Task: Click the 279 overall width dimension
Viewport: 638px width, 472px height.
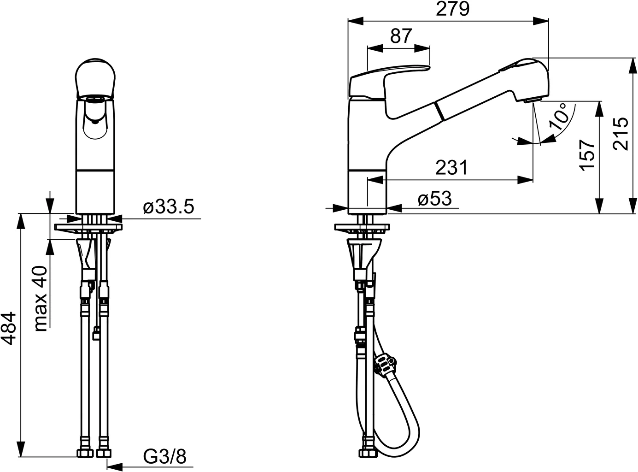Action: tap(452, 9)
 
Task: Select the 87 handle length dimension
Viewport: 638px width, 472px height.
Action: tap(401, 35)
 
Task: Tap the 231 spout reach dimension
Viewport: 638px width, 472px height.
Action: tap(451, 167)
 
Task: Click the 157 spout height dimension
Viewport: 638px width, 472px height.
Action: tap(587, 155)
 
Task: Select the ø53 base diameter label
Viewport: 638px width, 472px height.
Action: tap(435, 198)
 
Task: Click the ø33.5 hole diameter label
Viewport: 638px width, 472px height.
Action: tap(169, 206)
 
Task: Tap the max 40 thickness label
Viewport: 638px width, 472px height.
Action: tap(41, 299)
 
